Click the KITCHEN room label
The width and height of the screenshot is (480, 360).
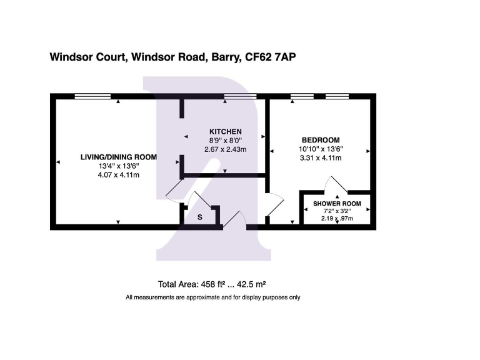click(225, 131)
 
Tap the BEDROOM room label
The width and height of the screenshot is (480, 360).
click(320, 139)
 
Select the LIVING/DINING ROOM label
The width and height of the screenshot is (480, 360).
click(119, 157)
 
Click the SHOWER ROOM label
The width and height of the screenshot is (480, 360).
click(337, 204)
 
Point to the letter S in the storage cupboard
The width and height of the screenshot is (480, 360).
click(199, 217)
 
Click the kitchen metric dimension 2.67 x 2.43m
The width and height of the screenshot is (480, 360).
click(225, 149)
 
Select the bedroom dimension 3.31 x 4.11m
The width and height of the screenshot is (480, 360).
click(320, 158)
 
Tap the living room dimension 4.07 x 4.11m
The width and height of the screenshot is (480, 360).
click(119, 175)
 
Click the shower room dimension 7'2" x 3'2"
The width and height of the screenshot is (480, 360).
click(337, 211)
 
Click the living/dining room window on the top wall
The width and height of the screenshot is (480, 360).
click(92, 96)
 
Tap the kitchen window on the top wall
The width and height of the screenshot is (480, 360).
click(240, 96)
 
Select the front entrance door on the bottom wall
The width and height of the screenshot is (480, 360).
click(234, 221)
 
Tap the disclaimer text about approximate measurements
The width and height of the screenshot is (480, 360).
click(213, 297)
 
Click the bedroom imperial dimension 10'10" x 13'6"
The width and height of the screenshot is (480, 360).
click(320, 149)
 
